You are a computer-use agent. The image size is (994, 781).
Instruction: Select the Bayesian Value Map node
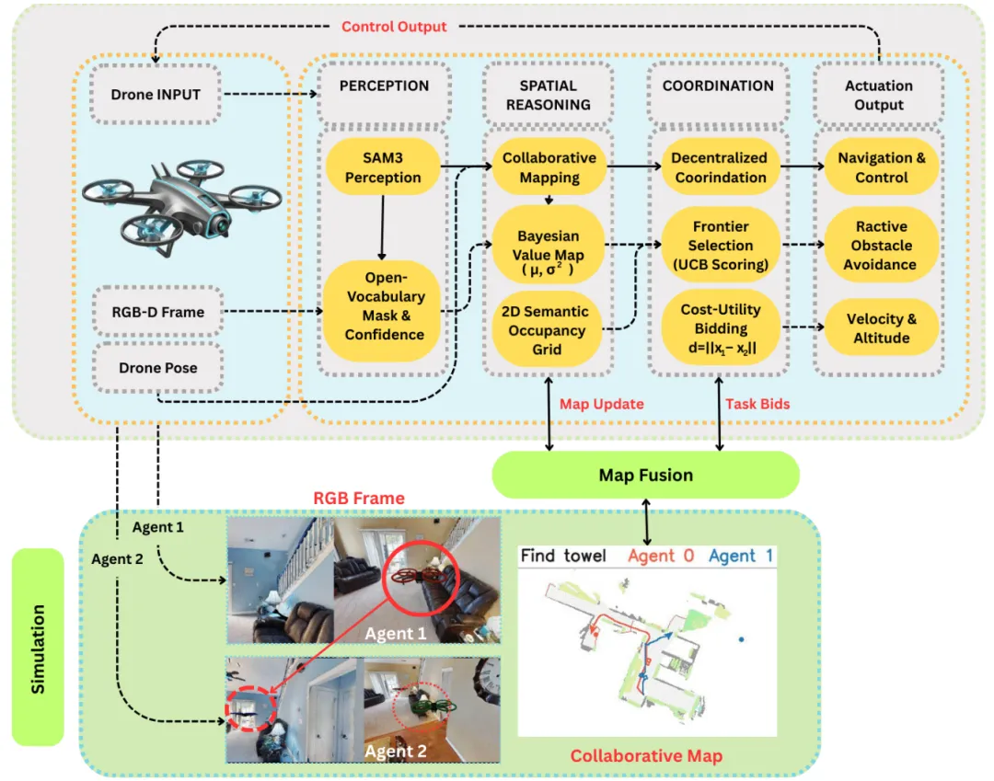[x=548, y=246]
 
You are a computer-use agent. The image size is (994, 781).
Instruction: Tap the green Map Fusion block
[x=646, y=476]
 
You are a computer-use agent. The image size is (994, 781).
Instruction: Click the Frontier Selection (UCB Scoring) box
[x=721, y=246]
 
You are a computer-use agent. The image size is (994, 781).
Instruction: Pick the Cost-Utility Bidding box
[x=721, y=328]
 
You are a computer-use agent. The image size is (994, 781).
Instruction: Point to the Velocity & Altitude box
[x=880, y=328]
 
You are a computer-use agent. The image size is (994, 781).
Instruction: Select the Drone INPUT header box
[x=156, y=95]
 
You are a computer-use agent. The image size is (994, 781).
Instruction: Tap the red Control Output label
[x=394, y=27]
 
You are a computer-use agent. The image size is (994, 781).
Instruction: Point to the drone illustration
[x=175, y=202]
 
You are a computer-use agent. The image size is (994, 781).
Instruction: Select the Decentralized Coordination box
[x=721, y=167]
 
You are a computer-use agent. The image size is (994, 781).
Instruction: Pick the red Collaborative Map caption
[x=646, y=756]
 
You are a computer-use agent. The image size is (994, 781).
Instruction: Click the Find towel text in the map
[x=564, y=556]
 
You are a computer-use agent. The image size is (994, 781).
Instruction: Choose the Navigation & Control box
[x=881, y=167]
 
